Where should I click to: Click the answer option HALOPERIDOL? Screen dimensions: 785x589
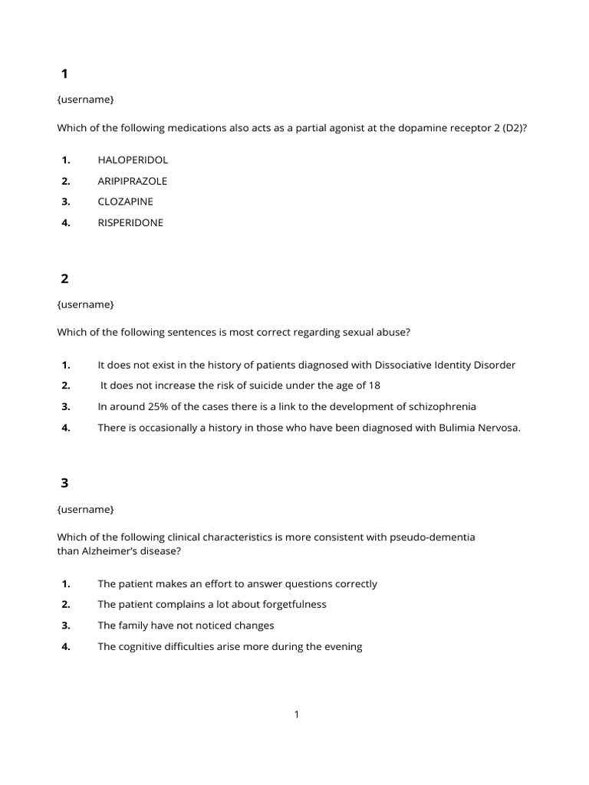(133, 160)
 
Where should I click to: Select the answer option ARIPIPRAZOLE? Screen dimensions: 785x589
(132, 181)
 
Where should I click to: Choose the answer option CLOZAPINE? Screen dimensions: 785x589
(125, 202)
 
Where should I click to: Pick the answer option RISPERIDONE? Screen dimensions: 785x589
(130, 223)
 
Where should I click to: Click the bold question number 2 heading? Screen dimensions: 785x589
(64, 279)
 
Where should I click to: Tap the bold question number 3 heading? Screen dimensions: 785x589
(64, 484)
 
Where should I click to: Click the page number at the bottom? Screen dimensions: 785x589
(297, 714)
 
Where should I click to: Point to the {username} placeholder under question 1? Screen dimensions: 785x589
(85, 100)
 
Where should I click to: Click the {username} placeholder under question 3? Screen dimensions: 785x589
(85, 509)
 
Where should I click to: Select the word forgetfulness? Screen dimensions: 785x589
(292, 604)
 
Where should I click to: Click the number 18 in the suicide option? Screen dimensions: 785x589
(373, 386)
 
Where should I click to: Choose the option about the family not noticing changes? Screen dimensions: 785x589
(186, 626)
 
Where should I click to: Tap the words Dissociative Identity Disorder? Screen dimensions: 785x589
(445, 365)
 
